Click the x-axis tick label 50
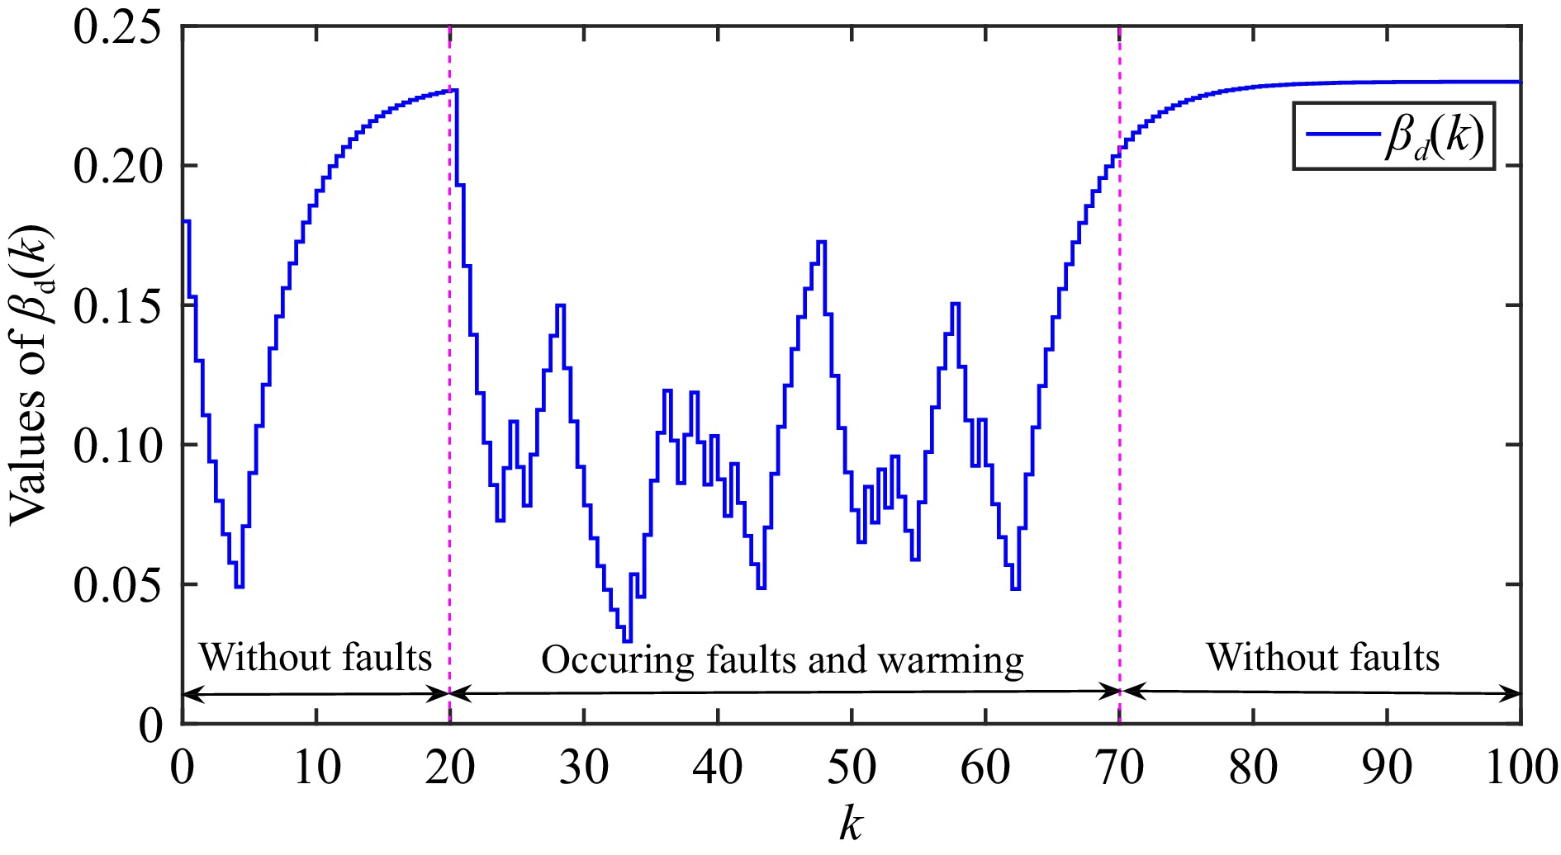tap(852, 768)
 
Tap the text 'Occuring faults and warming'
tap(782, 660)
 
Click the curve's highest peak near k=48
tap(821, 242)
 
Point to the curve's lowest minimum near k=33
tap(627, 640)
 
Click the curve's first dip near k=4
tap(240, 586)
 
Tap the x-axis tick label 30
tap(583, 768)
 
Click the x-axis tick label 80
tap(1253, 768)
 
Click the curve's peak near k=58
tap(955, 304)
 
